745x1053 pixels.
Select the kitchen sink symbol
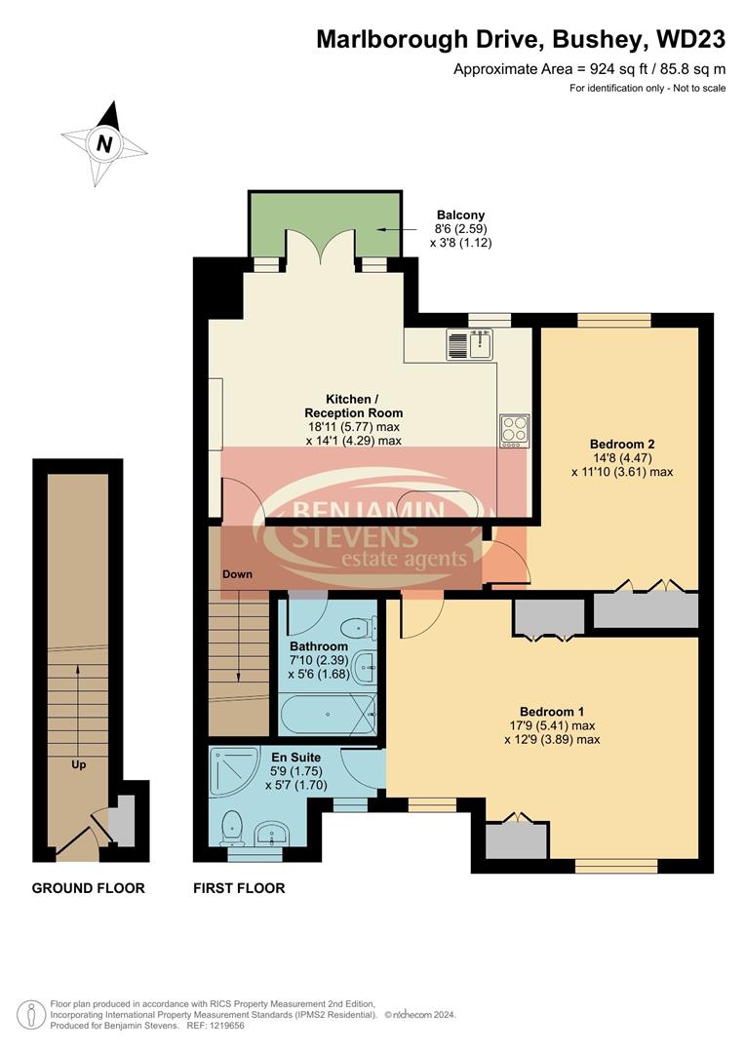tap(472, 343)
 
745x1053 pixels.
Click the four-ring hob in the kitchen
tap(514, 430)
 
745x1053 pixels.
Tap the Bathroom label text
tap(318, 646)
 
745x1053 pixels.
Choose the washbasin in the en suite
tap(272, 834)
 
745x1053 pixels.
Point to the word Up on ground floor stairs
tap(78, 764)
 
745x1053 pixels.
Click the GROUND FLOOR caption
tap(88, 888)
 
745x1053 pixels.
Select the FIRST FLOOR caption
tap(239, 888)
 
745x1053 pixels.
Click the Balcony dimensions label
tap(460, 229)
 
